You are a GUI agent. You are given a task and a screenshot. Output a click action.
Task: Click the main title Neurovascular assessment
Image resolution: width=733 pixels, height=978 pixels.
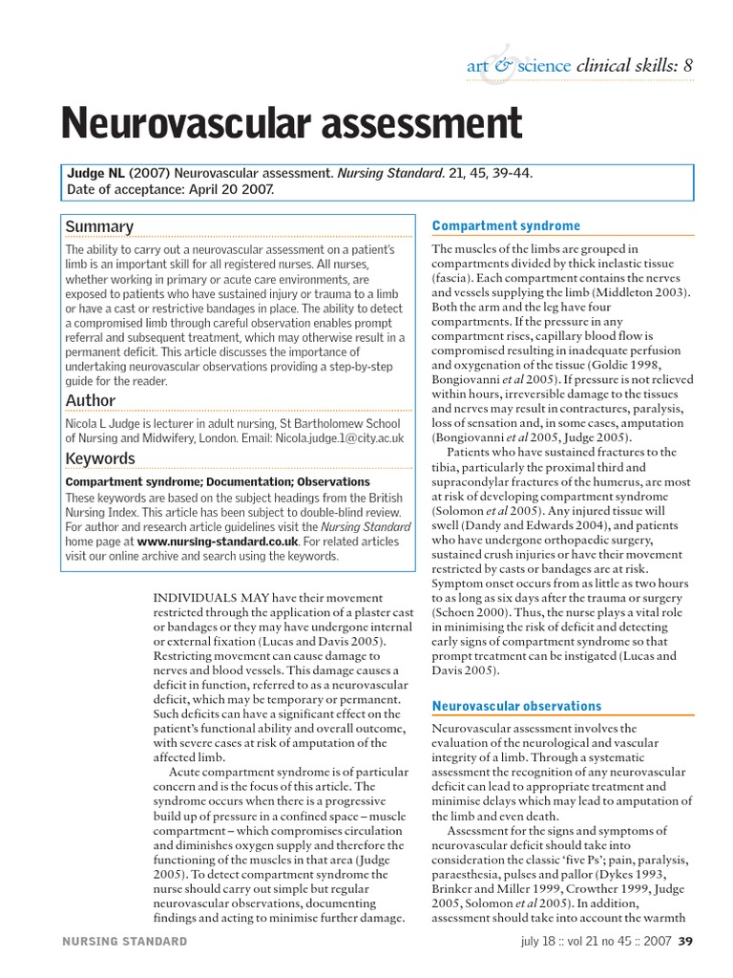pyautogui.click(x=291, y=124)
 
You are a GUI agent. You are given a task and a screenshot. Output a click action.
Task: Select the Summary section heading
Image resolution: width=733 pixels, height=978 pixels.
pyautogui.click(x=99, y=226)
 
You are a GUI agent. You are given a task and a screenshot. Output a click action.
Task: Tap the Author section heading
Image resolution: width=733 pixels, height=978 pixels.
pyautogui.click(x=90, y=400)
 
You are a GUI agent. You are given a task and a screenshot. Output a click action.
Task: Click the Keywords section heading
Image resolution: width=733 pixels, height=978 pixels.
pyautogui.click(x=99, y=458)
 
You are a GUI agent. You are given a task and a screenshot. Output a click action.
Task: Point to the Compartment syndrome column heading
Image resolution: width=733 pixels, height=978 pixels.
pyautogui.click(x=506, y=226)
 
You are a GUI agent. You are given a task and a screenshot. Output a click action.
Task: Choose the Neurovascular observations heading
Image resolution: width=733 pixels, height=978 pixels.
pyautogui.click(x=516, y=706)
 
